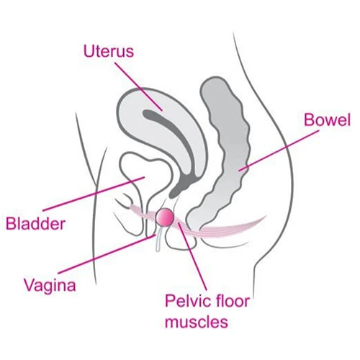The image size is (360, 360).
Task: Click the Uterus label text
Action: [109, 51]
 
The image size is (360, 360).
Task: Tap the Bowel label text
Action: [328, 120]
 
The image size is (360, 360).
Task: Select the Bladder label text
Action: [35, 223]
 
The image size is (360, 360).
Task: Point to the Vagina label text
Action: [50, 285]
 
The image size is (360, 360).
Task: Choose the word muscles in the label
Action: [197, 322]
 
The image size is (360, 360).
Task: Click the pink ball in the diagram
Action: [165, 217]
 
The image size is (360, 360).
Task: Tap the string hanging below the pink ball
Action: [158, 239]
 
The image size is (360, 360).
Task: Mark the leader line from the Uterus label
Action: [139, 86]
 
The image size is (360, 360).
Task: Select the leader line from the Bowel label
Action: [279, 150]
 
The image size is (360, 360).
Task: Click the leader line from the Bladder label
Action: [94, 194]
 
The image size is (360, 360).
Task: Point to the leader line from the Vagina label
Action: [107, 254]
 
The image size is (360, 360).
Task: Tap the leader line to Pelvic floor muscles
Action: [192, 256]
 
